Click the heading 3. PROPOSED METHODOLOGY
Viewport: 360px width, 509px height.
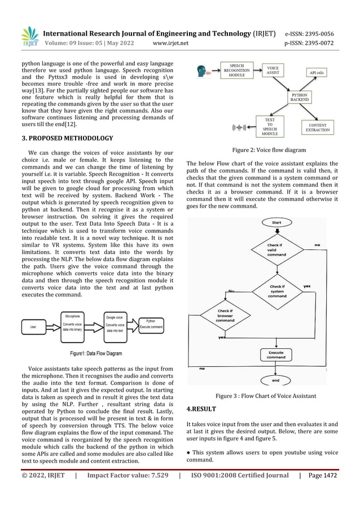67,138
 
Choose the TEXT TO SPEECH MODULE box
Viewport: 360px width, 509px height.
270,128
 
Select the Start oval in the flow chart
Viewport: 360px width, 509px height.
276,223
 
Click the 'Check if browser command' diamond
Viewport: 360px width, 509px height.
225,315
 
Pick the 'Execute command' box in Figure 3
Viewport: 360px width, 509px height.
276,354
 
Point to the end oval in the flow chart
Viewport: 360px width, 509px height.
275,380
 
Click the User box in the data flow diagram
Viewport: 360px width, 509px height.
34,327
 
